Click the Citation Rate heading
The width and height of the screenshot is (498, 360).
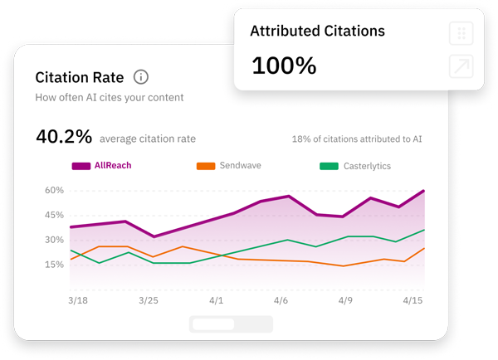click(x=80, y=77)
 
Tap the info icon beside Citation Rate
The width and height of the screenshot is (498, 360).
click(x=141, y=77)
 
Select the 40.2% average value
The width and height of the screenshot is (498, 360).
click(x=64, y=137)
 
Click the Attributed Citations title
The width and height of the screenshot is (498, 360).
click(x=317, y=32)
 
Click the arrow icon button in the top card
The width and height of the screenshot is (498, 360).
click(x=461, y=67)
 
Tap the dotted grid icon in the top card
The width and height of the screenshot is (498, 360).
click(x=461, y=34)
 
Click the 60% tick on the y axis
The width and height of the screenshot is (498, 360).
click(x=54, y=190)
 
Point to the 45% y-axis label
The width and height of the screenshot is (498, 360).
click(x=54, y=215)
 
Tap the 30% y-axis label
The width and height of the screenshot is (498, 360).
click(x=54, y=240)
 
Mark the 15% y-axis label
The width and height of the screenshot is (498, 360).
click(x=54, y=265)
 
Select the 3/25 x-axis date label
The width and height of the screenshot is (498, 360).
click(x=148, y=300)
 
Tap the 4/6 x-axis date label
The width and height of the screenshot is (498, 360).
click(x=281, y=300)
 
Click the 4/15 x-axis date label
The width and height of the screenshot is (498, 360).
click(x=413, y=300)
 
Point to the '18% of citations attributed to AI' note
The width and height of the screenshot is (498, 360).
click(x=357, y=139)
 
